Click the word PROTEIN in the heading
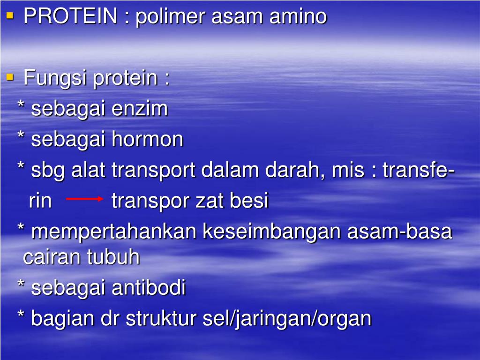(70, 17)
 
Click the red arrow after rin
(85, 199)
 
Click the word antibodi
(149, 287)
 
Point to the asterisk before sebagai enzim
(21, 105)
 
